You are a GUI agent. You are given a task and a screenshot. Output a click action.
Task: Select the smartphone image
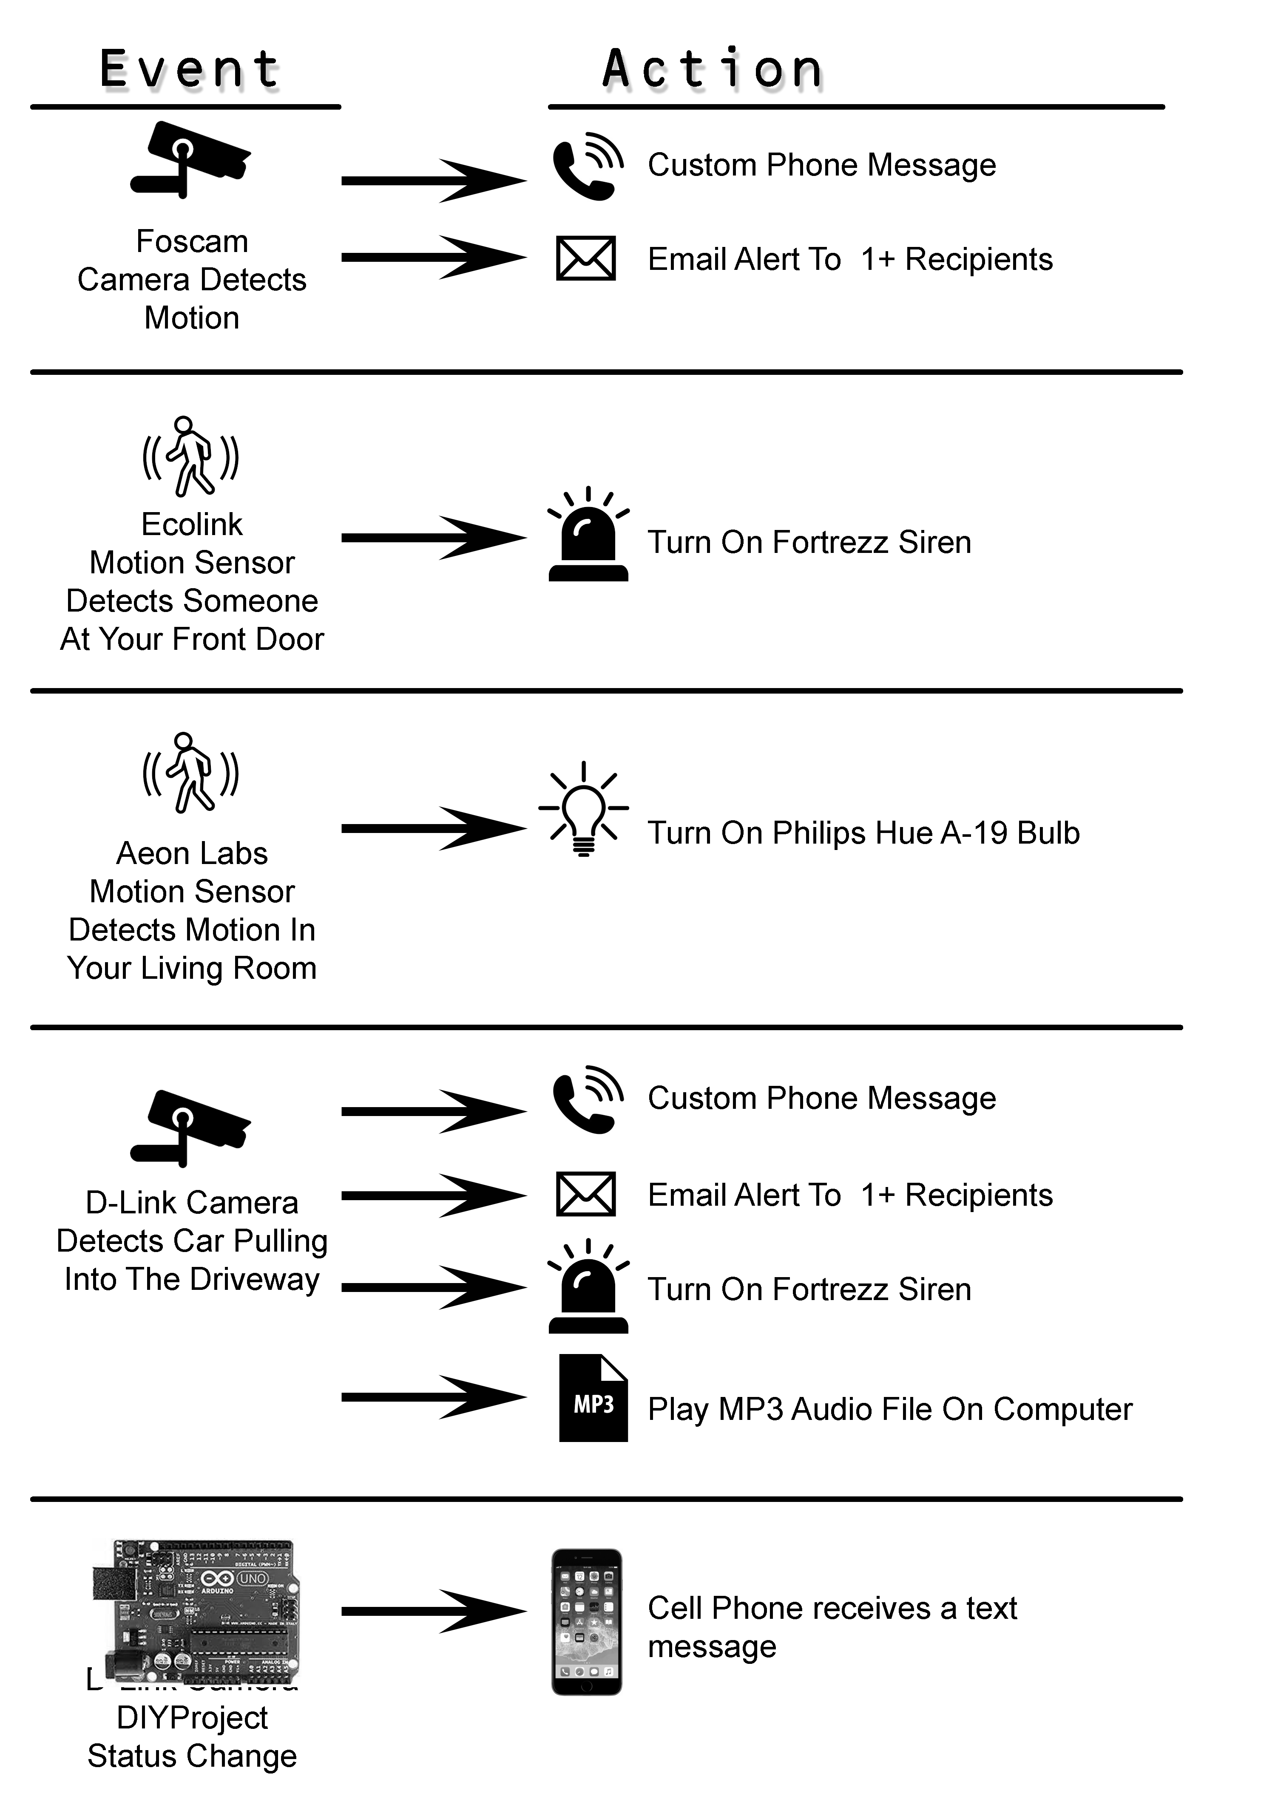tap(586, 1621)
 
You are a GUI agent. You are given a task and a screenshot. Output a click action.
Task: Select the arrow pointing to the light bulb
tap(434, 828)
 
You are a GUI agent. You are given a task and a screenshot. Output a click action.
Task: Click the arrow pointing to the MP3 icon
tap(434, 1397)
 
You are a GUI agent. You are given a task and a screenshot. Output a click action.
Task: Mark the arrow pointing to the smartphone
tap(434, 1611)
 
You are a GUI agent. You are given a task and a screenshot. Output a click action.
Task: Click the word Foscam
tap(192, 241)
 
